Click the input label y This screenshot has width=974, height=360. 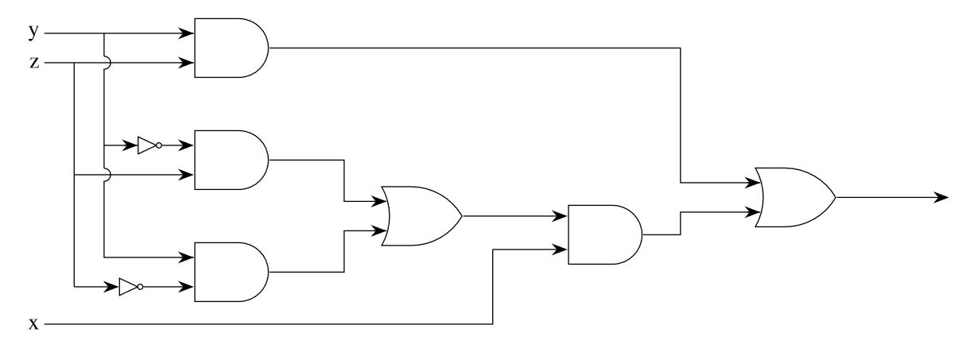33,31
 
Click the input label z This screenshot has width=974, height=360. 33,62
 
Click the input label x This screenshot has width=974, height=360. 33,324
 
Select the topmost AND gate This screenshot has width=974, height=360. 231,48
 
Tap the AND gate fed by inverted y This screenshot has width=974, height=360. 231,159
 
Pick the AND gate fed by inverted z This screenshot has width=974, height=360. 231,272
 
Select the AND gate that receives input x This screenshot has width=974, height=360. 604,234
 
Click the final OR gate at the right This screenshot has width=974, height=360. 794,197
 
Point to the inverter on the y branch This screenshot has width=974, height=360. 148,145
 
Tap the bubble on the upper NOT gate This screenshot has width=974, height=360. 159,145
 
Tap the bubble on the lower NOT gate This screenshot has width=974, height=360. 140,287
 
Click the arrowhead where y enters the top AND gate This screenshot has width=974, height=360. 188,33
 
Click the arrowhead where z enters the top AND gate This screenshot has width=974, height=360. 188,62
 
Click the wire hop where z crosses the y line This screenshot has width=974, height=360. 105,62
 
